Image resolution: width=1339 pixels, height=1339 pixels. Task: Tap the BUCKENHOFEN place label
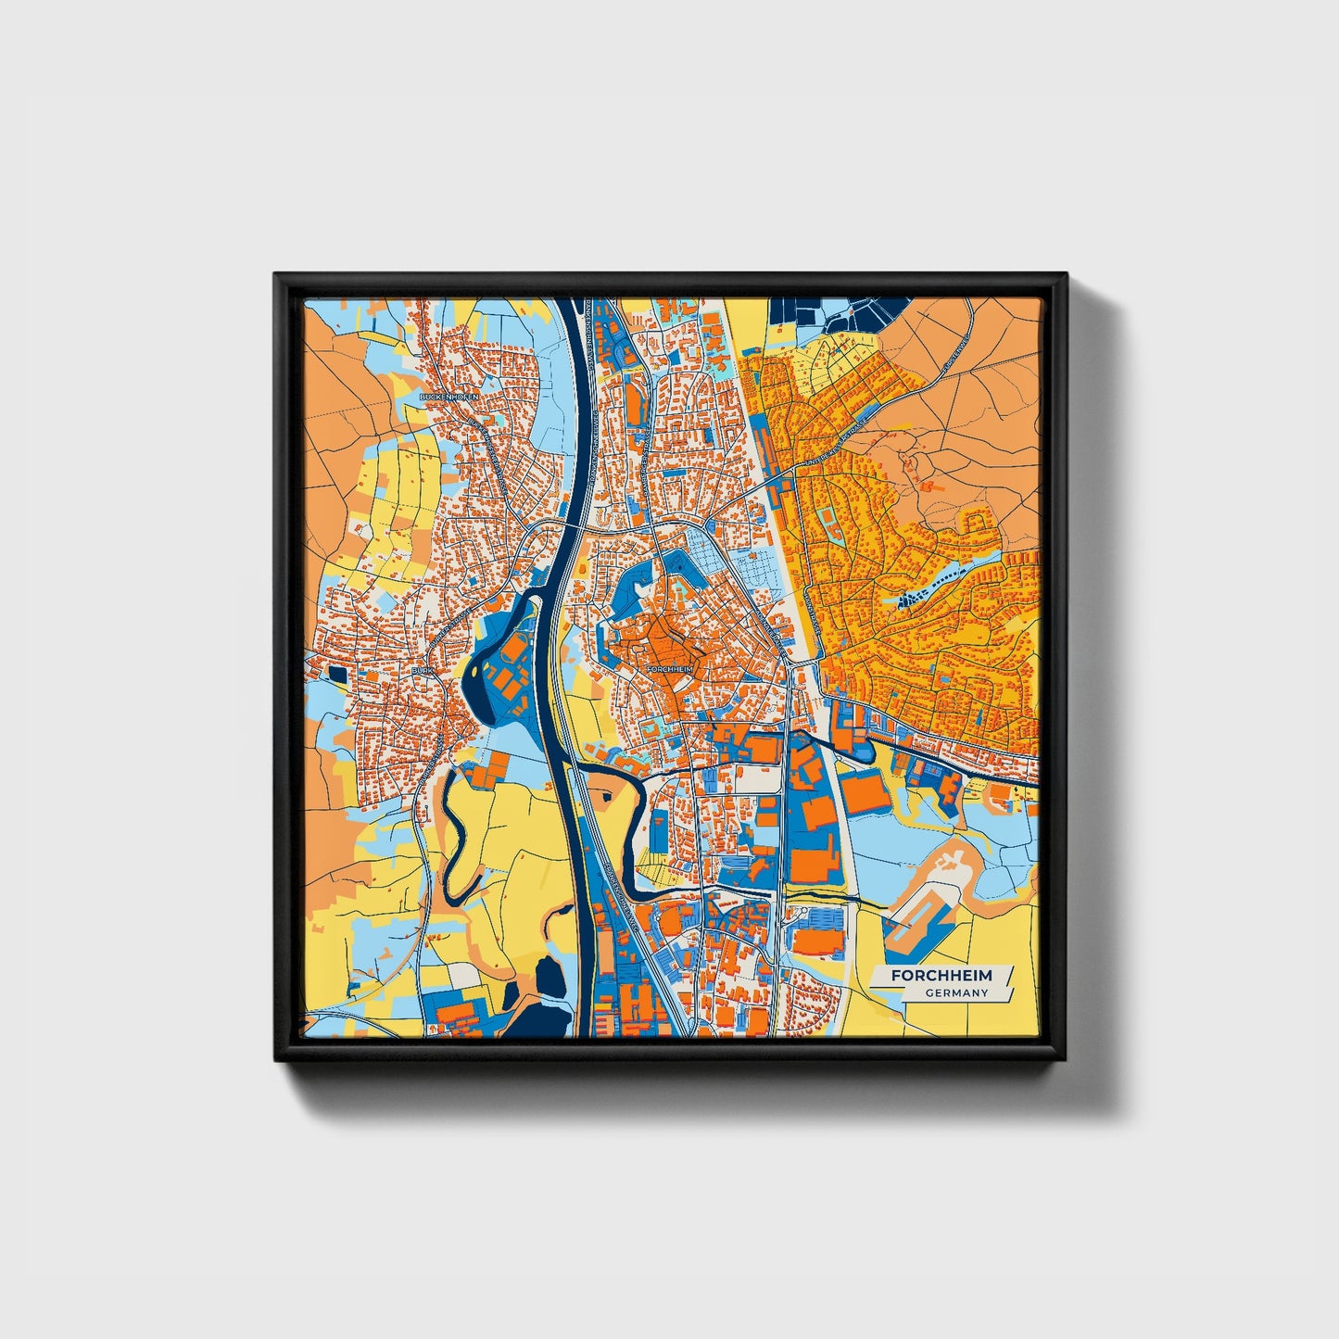(449, 397)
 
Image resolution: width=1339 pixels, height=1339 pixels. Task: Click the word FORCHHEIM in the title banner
(941, 976)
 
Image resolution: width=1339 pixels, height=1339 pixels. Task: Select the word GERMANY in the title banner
(955, 993)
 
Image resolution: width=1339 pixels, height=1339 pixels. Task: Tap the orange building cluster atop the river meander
(486, 770)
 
